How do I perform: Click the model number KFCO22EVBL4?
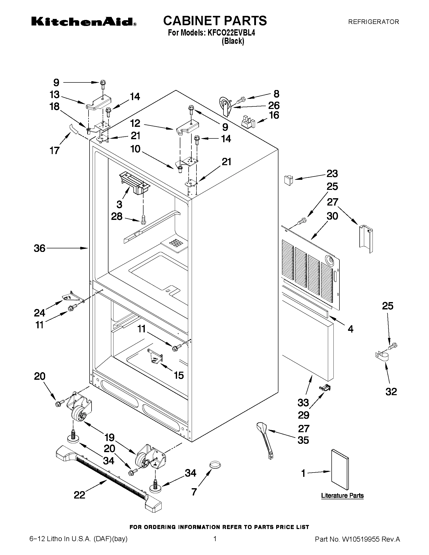tap(231, 33)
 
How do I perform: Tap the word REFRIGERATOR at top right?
tap(373, 22)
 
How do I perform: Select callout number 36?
tap(40, 248)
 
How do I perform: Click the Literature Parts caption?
tap(342, 495)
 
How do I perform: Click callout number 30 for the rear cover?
tap(332, 216)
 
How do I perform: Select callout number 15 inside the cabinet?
tap(179, 375)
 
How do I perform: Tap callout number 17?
tap(54, 151)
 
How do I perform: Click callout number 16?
tap(274, 115)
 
